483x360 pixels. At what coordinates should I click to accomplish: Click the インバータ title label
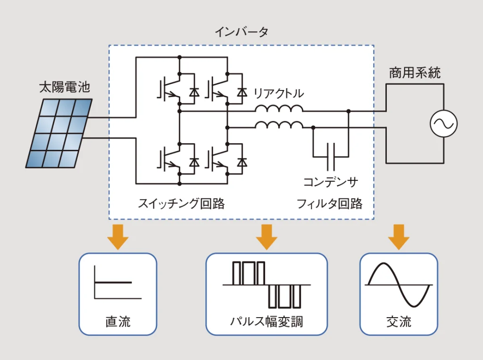241,32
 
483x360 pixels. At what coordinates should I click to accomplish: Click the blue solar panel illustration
59,133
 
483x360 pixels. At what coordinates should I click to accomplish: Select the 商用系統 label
415,73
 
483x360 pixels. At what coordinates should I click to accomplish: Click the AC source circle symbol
443,124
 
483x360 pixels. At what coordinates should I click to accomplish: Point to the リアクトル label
279,93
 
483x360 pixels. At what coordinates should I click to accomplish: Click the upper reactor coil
279,109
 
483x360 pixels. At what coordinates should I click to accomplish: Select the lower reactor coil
279,125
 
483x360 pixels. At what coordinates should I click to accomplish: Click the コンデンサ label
331,182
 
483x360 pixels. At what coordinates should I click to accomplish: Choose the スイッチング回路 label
181,204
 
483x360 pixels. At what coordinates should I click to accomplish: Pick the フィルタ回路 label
329,204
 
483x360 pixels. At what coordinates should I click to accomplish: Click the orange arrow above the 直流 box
117,237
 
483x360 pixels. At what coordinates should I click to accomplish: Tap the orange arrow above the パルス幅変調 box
266,237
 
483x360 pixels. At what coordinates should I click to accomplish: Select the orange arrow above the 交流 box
399,237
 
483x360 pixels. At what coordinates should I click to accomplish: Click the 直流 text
117,322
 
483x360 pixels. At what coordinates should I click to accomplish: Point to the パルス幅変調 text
266,322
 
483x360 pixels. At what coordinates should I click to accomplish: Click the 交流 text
399,322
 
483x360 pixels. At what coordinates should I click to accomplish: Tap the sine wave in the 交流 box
399,285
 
